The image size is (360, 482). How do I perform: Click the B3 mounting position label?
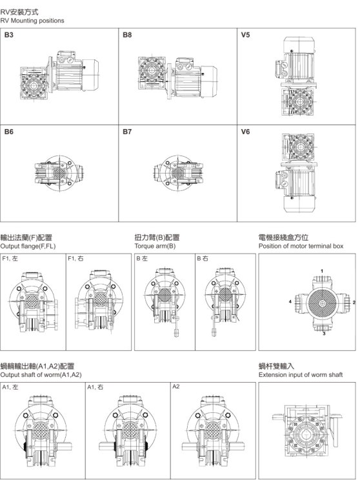(8, 35)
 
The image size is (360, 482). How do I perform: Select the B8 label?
(127, 35)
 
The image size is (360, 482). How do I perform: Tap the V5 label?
(245, 35)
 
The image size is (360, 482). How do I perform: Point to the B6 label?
(8, 132)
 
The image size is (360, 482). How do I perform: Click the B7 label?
(127, 132)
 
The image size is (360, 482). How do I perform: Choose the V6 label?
(245, 132)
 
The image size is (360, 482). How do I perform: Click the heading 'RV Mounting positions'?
(32, 21)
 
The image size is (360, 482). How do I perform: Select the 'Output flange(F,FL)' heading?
(28, 246)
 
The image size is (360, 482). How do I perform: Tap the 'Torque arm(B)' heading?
(155, 246)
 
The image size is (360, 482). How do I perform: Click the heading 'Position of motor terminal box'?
(301, 246)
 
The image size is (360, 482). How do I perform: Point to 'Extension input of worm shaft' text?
(301, 375)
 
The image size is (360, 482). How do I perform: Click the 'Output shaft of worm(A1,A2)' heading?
(41, 375)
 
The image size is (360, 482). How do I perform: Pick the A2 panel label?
(176, 387)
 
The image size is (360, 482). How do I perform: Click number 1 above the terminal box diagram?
(322, 271)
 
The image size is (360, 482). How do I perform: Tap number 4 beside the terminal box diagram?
(290, 301)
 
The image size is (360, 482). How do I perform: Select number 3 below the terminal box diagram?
(324, 334)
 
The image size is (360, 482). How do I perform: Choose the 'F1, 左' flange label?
(10, 259)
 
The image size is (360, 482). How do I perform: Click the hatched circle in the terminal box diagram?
(322, 303)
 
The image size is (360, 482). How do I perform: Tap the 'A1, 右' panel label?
(95, 387)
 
